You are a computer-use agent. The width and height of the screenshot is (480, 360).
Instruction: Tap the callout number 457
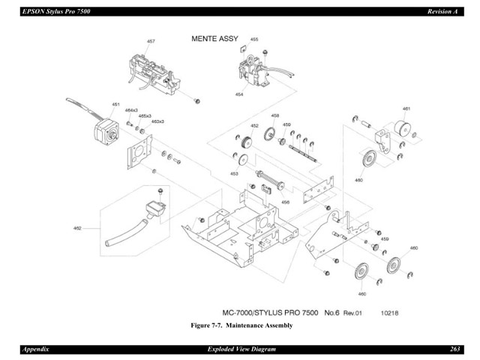click(151, 41)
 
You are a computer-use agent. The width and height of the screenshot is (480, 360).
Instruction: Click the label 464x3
click(132, 110)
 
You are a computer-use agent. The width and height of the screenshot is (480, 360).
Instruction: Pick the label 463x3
click(157, 121)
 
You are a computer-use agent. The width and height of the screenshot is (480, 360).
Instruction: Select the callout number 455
click(254, 39)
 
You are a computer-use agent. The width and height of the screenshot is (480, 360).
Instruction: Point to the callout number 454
click(239, 95)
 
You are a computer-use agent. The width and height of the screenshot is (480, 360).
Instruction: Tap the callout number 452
click(254, 126)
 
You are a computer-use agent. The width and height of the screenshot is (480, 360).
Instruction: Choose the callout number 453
click(234, 173)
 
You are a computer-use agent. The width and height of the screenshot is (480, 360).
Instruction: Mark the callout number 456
click(286, 202)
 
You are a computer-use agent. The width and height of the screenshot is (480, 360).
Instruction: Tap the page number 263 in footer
click(454, 349)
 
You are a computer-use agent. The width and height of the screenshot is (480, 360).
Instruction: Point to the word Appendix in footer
click(37, 349)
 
